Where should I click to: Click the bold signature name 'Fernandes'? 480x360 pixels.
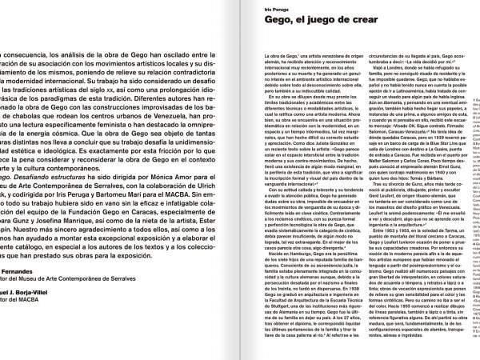tap(20, 271)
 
